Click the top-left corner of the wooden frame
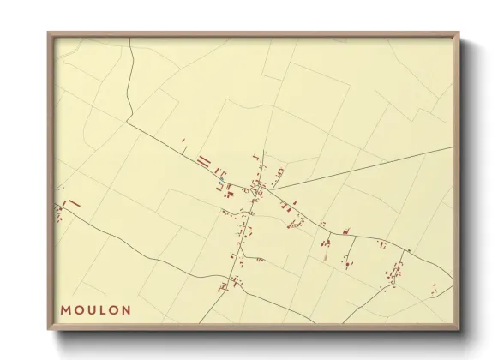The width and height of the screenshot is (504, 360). [48, 33]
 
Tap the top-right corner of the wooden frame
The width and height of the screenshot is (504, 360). [460, 33]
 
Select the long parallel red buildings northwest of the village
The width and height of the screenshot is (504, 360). [204, 159]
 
